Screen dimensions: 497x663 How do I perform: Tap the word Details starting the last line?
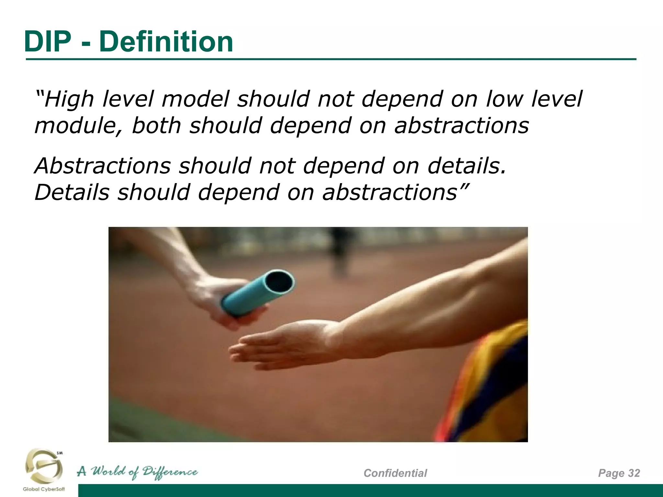click(72, 192)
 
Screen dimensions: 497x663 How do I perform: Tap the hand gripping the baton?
click(220, 301)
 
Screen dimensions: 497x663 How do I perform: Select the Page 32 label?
click(619, 473)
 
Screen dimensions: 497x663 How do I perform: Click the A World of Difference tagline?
click(137, 472)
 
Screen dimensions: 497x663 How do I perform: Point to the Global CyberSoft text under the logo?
click(44, 489)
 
